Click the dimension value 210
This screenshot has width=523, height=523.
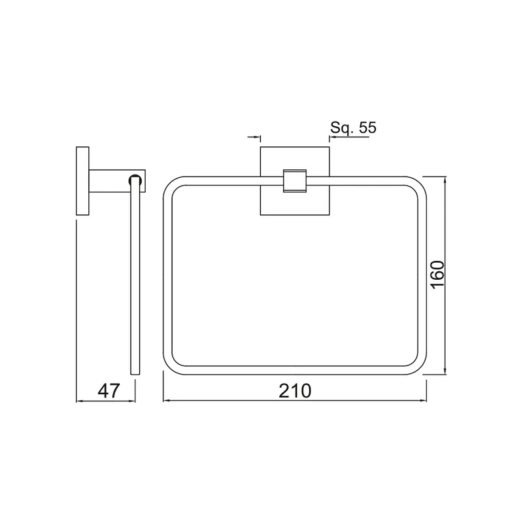[295, 390]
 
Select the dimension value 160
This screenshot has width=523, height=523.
[437, 275]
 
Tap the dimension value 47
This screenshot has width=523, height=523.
[109, 390]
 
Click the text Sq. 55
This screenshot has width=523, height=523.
[353, 127]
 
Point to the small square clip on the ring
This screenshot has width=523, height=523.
[295, 181]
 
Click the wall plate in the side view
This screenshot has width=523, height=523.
[83, 181]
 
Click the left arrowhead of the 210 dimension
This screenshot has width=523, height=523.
[166, 400]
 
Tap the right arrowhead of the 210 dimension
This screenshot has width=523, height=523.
[423, 400]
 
